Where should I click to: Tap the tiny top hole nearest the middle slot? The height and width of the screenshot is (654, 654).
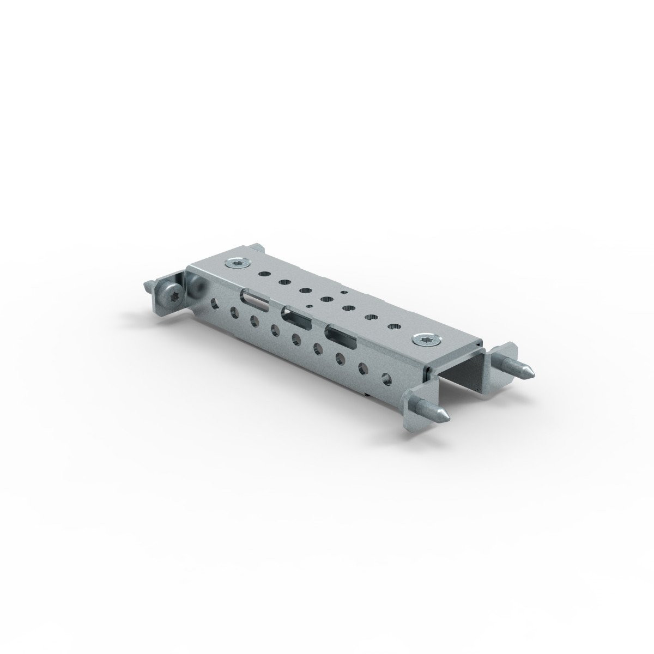[x=309, y=306]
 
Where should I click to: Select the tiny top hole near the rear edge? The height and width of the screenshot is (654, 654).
[x=343, y=293]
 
